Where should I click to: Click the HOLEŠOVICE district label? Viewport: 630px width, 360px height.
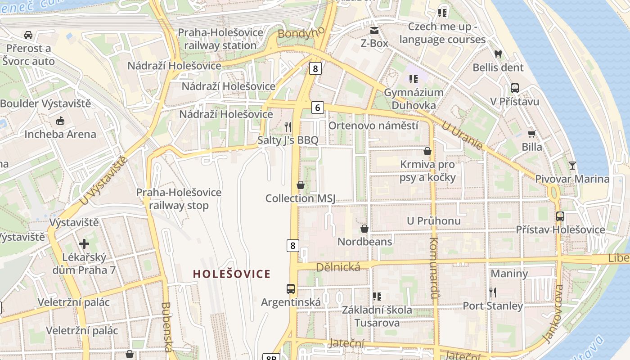[232, 274]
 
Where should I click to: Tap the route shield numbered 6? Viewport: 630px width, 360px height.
[318, 108]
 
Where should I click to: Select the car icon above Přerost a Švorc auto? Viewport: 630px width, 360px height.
[28, 35]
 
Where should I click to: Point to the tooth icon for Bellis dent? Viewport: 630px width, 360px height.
[498, 54]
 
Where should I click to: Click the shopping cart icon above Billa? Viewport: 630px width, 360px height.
[531, 134]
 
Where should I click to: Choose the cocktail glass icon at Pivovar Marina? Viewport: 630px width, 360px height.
[572, 165]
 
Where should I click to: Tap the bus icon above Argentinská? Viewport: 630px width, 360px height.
[291, 288]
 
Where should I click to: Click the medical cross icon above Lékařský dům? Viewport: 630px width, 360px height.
[84, 244]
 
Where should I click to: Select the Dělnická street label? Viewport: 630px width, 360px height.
[338, 267]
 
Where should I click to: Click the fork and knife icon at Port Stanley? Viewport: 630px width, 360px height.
[493, 292]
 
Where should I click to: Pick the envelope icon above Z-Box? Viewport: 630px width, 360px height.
[374, 31]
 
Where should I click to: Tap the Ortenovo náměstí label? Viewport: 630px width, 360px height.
[373, 126]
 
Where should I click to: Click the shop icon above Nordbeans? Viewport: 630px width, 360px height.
[364, 229]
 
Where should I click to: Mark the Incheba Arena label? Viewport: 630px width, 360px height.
[60, 134]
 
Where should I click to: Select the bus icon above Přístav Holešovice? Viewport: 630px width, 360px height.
[560, 216]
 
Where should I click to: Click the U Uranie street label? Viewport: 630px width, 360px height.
[462, 135]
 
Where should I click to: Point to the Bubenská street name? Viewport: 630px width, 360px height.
[166, 327]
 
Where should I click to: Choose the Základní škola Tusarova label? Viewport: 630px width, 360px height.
[377, 316]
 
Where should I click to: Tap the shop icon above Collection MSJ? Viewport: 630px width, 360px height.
[300, 185]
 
